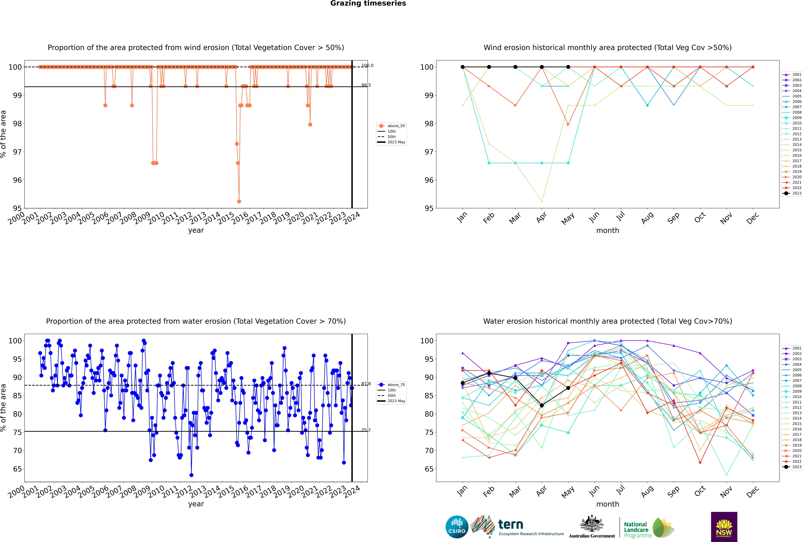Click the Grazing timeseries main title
point(368,3)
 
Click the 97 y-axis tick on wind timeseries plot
point(17,152)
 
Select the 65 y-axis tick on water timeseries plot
point(17,469)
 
